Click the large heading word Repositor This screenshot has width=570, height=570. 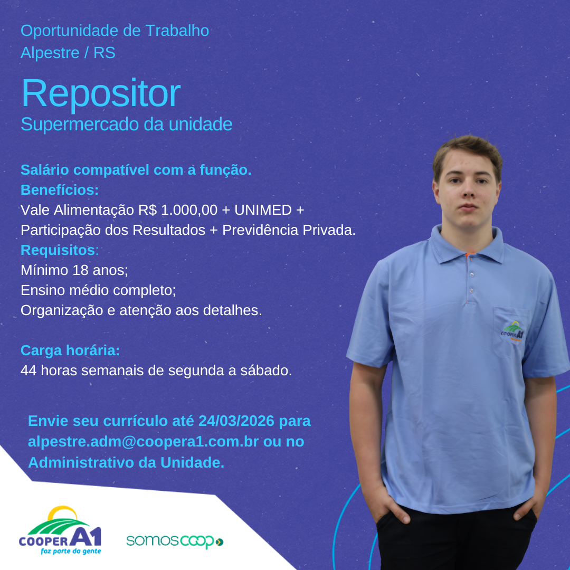[101, 93]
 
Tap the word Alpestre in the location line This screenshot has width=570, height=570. [50, 53]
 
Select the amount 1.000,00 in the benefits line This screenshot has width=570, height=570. [189, 210]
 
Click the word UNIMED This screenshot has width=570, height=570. [263, 210]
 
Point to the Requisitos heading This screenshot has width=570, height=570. [60, 250]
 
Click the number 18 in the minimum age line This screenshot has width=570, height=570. [80, 270]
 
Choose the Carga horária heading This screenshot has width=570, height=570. [70, 350]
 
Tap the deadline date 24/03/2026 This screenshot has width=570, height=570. [236, 421]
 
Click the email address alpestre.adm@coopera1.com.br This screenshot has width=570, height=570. [143, 442]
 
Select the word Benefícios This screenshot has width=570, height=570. [60, 190]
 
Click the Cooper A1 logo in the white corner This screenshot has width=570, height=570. [60, 530]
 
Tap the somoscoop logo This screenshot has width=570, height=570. [175, 541]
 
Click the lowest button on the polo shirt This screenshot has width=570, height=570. [471, 290]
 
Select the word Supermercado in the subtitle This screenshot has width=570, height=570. [80, 125]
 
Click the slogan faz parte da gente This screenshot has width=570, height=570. [71, 552]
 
